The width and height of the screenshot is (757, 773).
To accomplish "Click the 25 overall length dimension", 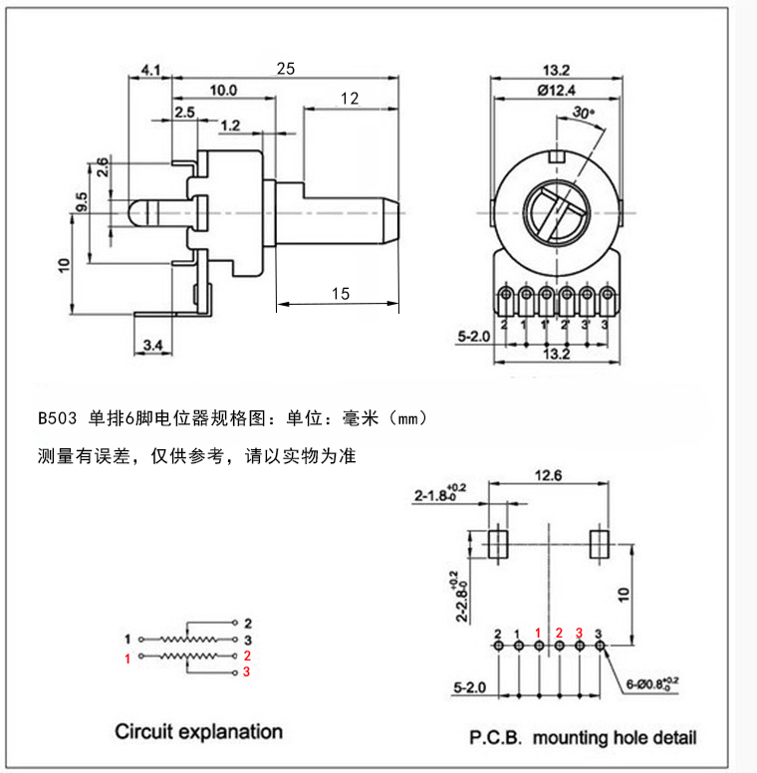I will click(286, 68).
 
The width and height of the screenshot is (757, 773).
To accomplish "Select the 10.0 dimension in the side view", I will click(223, 90).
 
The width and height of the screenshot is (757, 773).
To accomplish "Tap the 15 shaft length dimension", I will click(340, 293).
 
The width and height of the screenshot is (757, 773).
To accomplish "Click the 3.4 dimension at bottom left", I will click(153, 345).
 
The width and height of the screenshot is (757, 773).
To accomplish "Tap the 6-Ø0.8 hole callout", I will click(653, 684).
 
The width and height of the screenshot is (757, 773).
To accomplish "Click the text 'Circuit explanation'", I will click(199, 732).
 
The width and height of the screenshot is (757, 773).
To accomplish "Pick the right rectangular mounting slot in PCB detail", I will click(600, 544).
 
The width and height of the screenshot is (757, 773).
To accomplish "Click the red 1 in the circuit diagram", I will click(127, 658).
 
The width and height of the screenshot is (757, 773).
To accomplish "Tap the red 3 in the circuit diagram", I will click(246, 673).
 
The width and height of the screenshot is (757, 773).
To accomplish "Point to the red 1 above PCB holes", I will click(538, 633).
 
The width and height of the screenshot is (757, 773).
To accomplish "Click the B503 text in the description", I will click(57, 417).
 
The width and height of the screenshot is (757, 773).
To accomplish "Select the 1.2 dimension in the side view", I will click(230, 126).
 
